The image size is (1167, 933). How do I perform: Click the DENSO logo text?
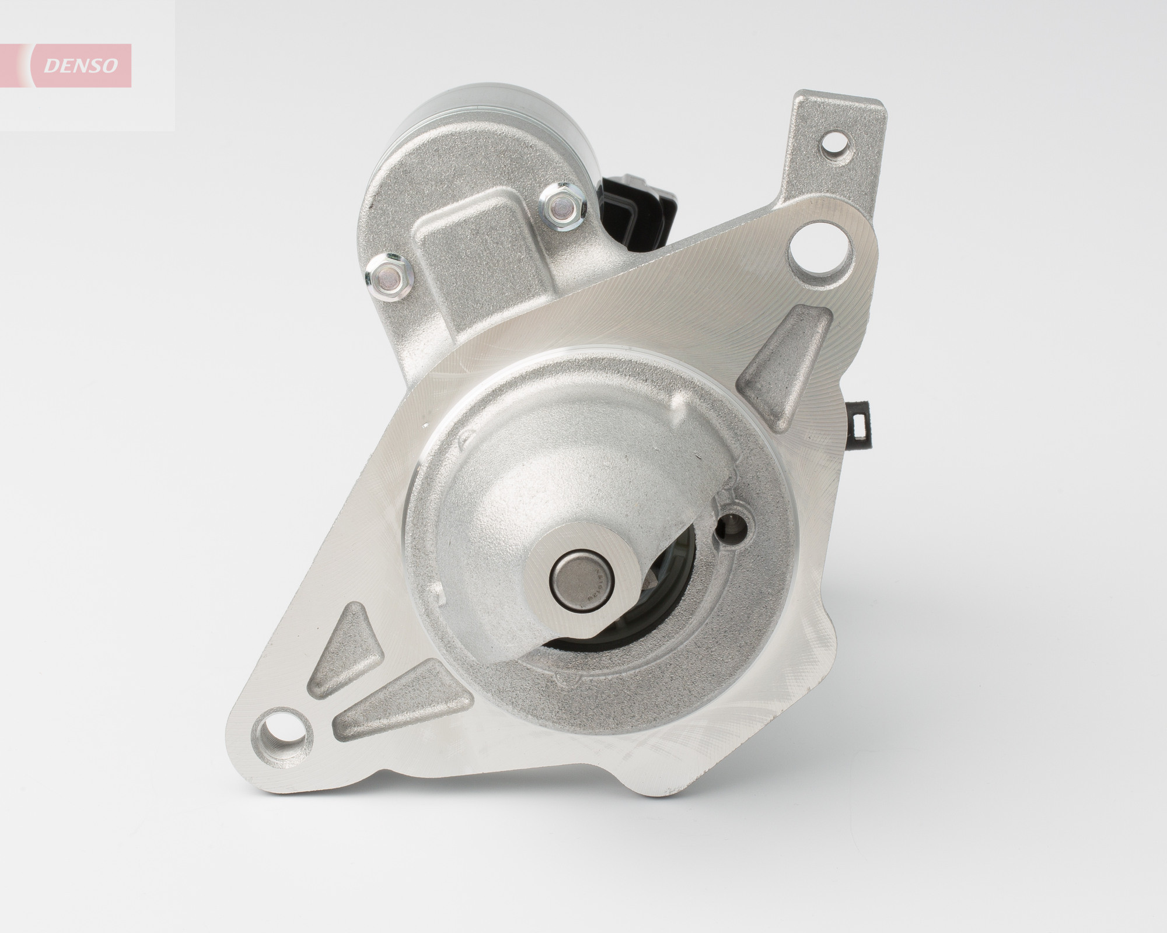(82, 66)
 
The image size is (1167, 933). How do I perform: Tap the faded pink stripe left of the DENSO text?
(23, 65)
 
